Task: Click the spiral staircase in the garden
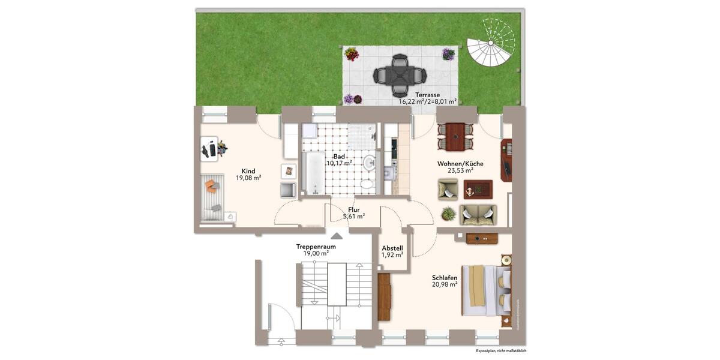coord(491,45)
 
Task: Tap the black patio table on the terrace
coord(400,76)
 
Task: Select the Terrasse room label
coord(428,95)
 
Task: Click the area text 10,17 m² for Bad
coord(339,163)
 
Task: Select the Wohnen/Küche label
coord(460,164)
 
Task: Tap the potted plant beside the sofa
coord(448,214)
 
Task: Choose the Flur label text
coord(354,209)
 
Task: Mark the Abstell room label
coord(392,248)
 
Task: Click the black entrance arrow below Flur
coord(337,236)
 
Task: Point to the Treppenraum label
coord(316,247)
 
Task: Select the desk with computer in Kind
coord(211,148)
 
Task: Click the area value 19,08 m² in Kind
coord(248,178)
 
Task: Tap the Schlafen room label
coord(445,278)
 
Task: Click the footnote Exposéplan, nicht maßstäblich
coord(501,350)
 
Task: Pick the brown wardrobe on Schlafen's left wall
coord(384,297)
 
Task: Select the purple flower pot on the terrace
coord(448,55)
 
